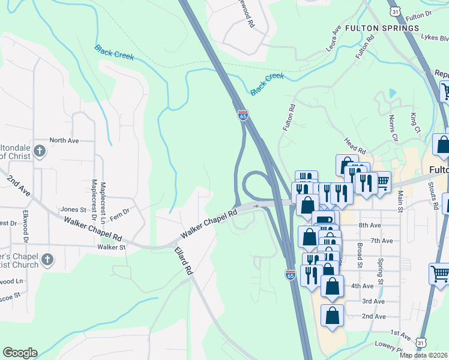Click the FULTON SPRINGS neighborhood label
click(390, 28)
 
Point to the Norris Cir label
click(393, 128)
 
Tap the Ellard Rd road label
click(183, 262)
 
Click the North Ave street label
click(64, 140)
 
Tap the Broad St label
click(359, 256)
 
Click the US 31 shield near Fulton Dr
click(394, 11)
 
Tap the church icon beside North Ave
click(40, 151)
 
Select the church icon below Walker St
click(47, 260)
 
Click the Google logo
click(20, 353)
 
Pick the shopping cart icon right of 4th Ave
click(439, 274)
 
